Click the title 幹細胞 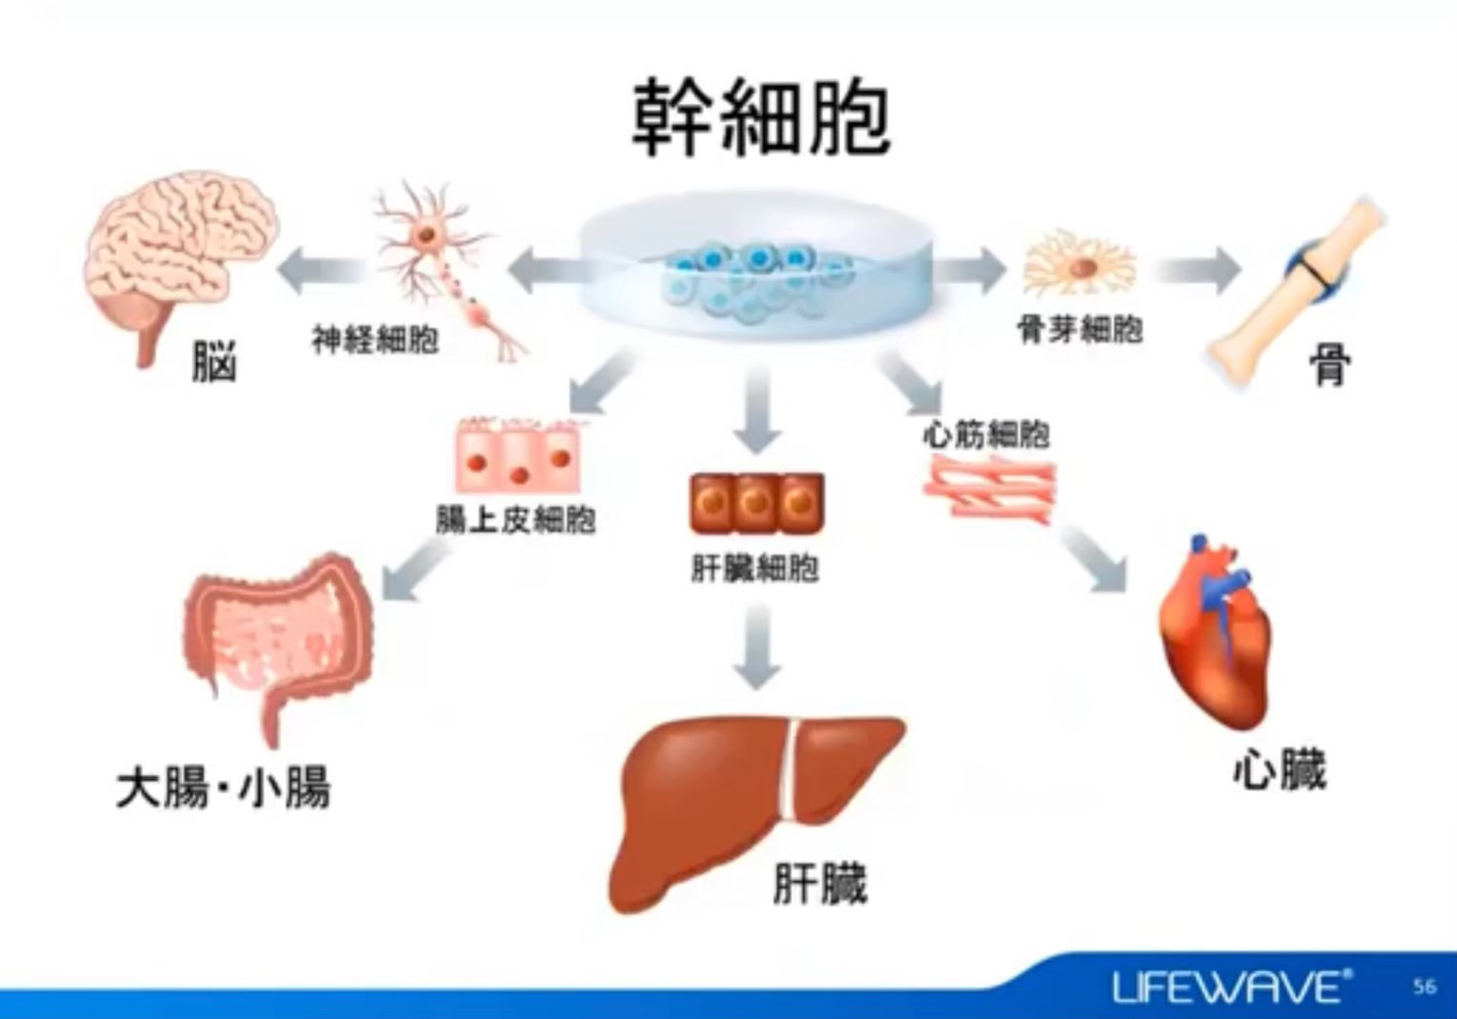[761, 118]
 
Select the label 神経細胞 [375, 339]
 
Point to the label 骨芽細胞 [1080, 330]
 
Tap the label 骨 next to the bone [1330, 364]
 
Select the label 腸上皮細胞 [515, 520]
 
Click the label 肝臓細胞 [755, 569]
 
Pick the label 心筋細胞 [987, 435]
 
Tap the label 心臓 [1279, 770]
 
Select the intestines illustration [276, 638]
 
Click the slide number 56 [1425, 987]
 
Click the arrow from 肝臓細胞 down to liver [757, 647]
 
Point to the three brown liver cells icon [756, 503]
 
